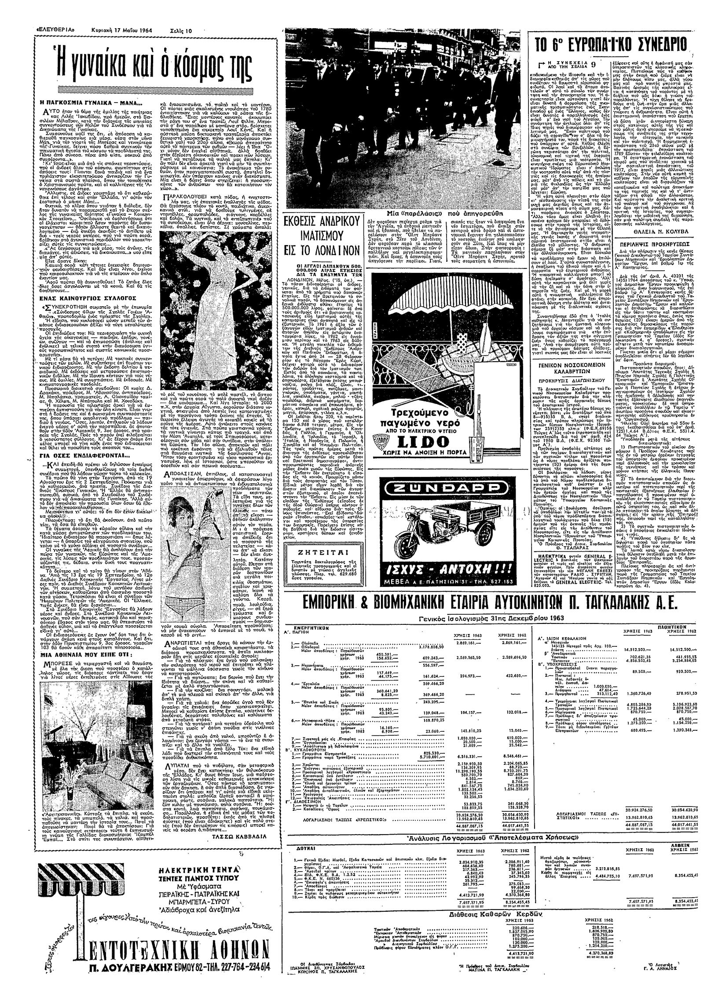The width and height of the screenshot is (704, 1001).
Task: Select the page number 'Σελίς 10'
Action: tap(181, 31)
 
